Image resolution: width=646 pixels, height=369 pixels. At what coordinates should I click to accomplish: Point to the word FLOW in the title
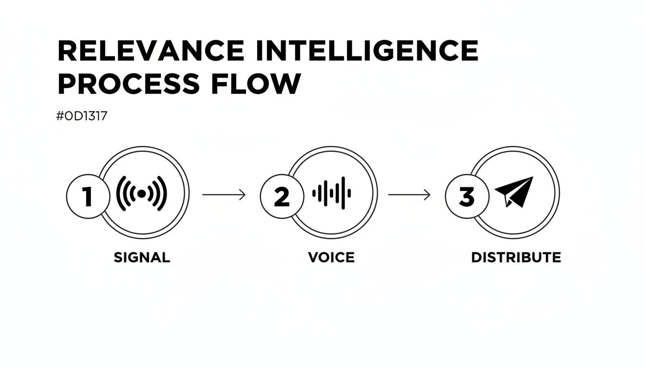click(x=255, y=84)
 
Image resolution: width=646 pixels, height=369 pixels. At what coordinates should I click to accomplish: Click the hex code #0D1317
click(x=82, y=116)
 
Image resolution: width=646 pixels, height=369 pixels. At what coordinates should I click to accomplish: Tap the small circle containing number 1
click(x=87, y=197)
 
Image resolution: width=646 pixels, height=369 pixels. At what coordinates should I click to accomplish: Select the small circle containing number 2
click(x=282, y=197)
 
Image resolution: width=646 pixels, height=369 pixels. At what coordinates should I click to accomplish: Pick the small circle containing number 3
click(x=467, y=197)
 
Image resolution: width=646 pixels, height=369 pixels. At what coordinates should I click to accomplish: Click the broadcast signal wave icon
click(x=142, y=194)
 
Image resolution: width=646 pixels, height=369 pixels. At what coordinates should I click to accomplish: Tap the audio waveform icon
click(x=332, y=194)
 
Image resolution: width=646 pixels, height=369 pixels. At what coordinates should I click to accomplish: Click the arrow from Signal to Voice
click(x=224, y=195)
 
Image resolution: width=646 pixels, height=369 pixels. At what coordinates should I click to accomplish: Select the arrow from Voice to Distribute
click(x=409, y=195)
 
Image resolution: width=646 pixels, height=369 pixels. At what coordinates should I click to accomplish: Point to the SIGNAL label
click(x=142, y=258)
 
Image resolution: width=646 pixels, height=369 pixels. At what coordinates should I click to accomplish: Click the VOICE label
click(x=331, y=258)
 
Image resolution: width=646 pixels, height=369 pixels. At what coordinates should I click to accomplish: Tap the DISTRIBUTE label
click(x=516, y=258)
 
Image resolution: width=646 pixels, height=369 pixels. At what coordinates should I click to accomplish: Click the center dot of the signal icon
click(x=142, y=194)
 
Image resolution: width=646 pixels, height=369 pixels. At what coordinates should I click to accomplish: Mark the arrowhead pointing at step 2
click(x=243, y=195)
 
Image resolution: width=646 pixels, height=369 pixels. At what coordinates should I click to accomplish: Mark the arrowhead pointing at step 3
click(x=428, y=195)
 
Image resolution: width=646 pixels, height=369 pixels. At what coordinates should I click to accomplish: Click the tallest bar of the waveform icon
click(x=343, y=194)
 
